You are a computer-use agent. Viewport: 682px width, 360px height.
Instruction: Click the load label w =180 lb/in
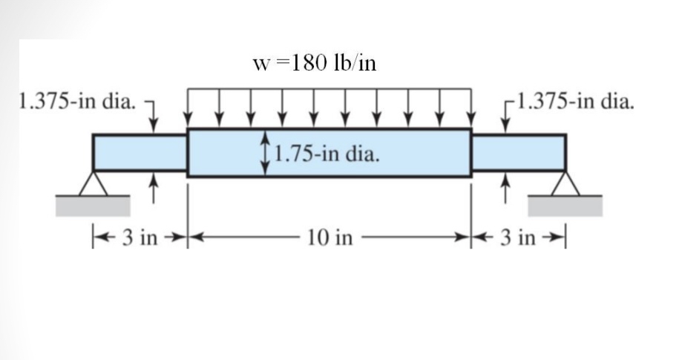point(315,63)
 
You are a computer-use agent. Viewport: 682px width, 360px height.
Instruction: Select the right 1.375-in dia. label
point(577,100)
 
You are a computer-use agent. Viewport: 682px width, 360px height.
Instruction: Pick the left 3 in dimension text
point(140,238)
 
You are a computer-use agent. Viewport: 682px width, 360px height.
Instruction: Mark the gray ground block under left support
point(94,205)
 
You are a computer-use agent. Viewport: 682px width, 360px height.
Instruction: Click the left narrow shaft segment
point(140,153)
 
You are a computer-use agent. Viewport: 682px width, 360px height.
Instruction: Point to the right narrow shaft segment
point(519,153)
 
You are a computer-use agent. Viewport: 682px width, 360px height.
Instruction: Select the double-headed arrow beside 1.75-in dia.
point(265,154)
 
